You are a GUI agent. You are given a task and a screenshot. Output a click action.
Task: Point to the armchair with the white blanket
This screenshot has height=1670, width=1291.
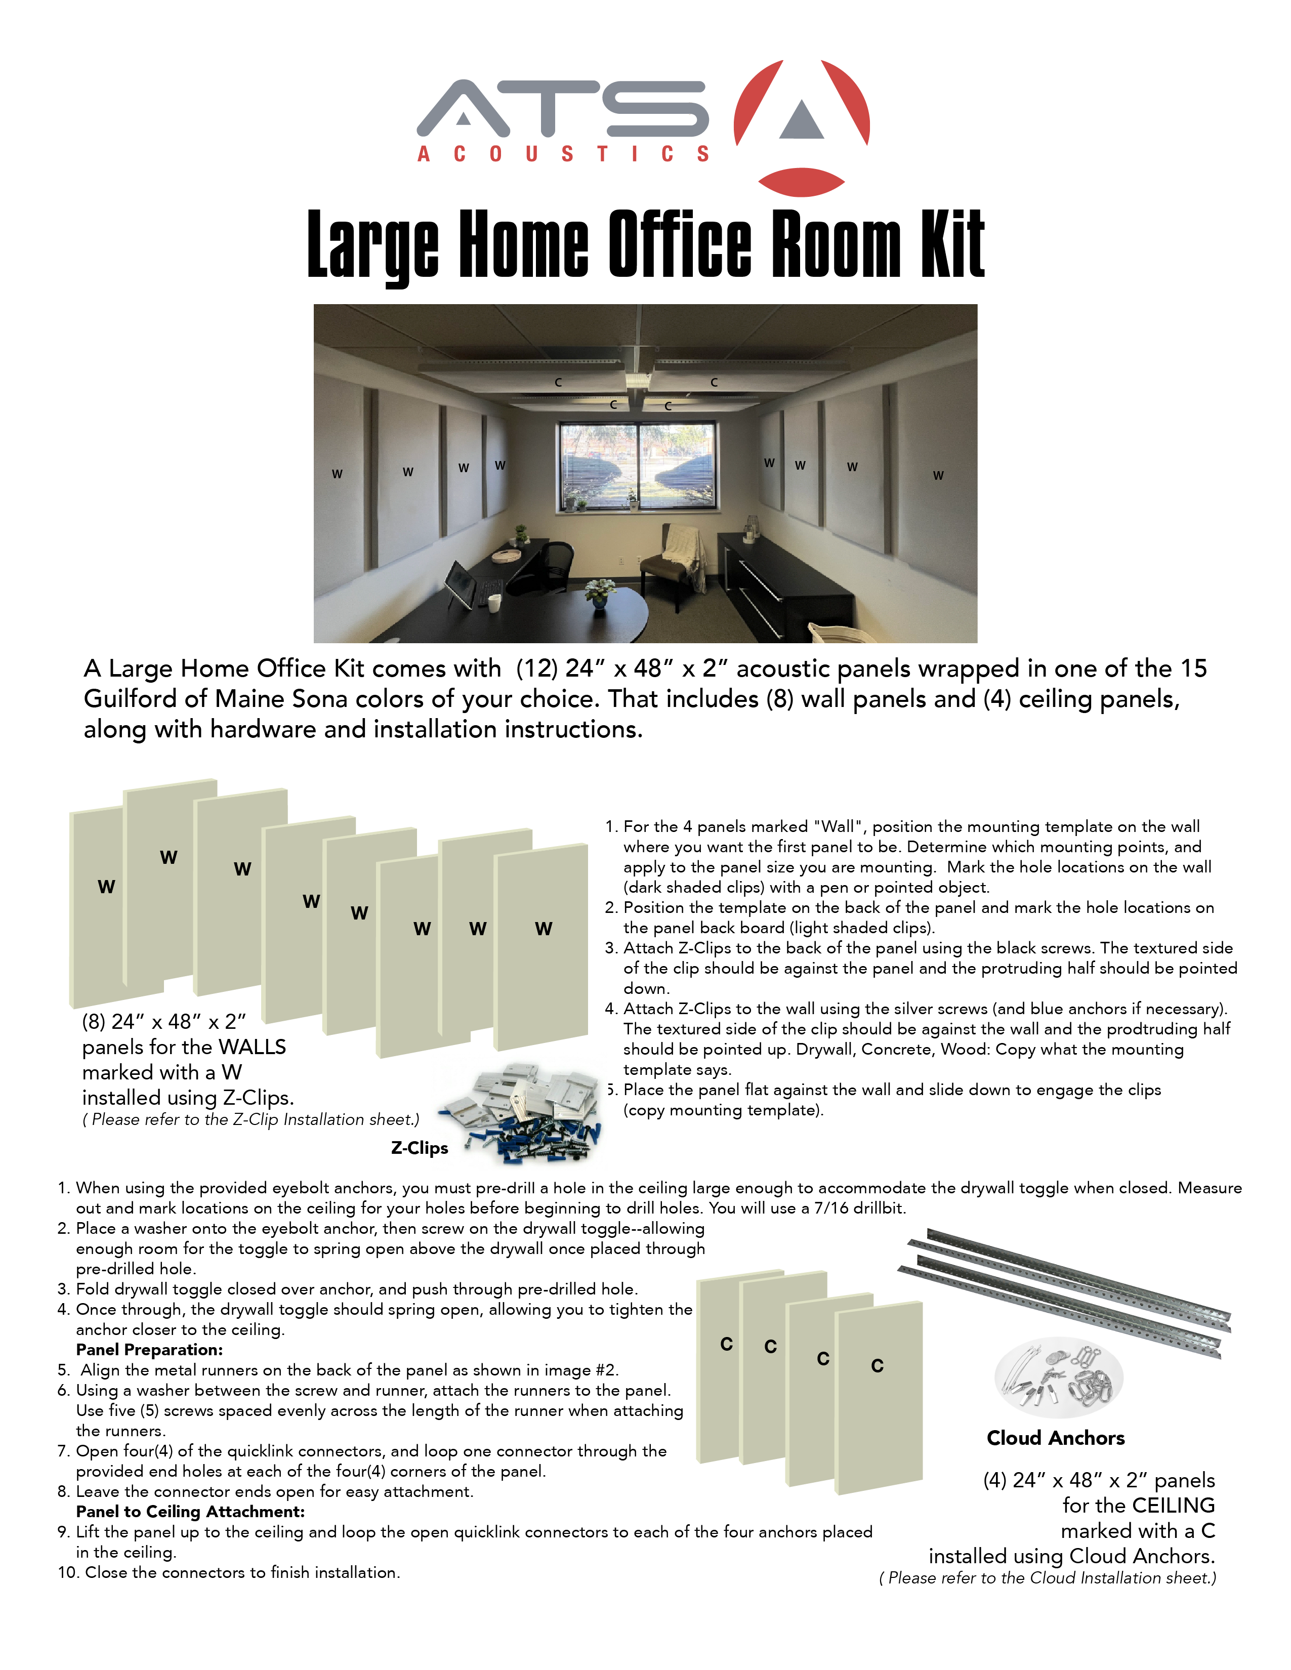tap(673, 562)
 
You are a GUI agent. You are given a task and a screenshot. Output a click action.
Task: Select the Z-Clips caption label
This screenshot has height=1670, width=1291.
tap(419, 1148)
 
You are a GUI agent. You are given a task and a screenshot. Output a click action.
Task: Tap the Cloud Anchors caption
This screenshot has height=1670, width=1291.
tap(1056, 1438)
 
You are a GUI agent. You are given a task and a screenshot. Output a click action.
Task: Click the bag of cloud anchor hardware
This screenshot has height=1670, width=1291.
tap(1059, 1376)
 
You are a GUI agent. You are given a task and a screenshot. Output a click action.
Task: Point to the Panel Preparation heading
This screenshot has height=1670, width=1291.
tap(149, 1350)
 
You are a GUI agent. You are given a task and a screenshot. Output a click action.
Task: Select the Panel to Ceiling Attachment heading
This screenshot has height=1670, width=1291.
tap(190, 1512)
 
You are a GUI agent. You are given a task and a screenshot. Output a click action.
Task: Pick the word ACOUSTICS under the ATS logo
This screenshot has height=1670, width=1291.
tap(564, 154)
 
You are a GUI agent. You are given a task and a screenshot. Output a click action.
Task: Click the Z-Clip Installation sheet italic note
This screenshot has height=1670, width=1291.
tap(251, 1119)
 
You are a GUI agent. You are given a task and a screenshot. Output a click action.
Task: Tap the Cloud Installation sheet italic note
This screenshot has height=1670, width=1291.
tap(1048, 1577)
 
